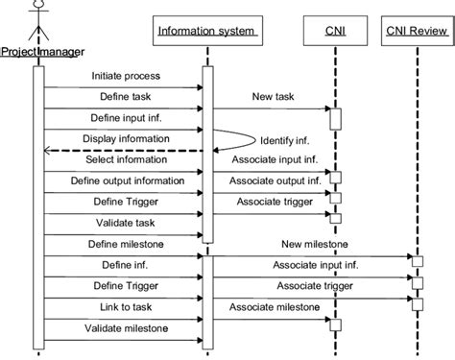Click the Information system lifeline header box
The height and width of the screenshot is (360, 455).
click(205, 33)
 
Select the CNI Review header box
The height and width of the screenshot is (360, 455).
click(416, 33)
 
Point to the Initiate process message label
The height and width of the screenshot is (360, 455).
click(125, 75)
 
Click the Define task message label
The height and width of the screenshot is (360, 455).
click(125, 96)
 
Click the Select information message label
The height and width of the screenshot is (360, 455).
click(125, 159)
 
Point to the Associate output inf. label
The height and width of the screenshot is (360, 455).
click(272, 180)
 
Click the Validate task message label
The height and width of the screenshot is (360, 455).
click(125, 223)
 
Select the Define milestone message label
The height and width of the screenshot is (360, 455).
click(125, 244)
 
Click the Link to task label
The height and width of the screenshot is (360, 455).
click(125, 307)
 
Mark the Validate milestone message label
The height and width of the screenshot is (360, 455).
click(125, 328)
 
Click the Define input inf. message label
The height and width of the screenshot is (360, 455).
click(125, 117)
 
